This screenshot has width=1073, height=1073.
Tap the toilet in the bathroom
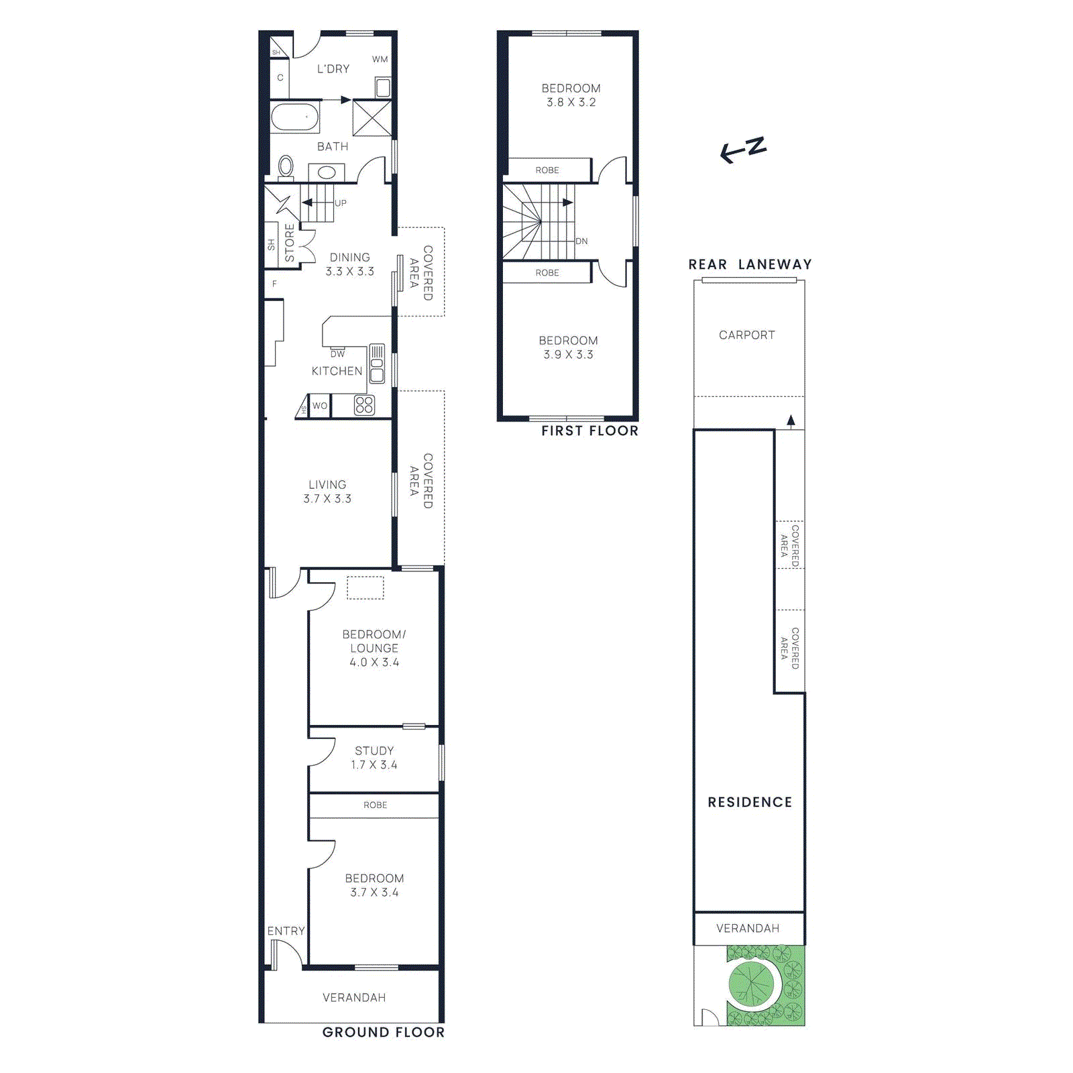286,166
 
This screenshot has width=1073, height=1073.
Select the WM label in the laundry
380,59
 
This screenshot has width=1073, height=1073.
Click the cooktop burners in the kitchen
364,405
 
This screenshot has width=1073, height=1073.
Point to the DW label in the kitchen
337,353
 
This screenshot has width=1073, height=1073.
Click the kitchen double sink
377,363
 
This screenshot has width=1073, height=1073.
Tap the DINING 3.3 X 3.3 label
349,264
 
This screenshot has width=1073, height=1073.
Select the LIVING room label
327,491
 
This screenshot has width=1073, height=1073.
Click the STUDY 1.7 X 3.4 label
374,758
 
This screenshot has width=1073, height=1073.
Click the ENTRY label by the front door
286,931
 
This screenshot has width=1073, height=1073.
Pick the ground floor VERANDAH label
354,997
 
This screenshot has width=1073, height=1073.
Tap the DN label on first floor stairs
581,241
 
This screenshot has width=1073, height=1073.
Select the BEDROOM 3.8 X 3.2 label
571,95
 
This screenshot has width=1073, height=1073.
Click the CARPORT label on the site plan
746,335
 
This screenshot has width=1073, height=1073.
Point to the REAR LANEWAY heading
750,264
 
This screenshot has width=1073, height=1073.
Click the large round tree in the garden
751,984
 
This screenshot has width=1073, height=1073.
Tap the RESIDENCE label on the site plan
750,802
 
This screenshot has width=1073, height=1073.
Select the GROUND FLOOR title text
383,1032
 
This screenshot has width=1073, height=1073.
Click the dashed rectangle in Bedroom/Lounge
365,587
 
